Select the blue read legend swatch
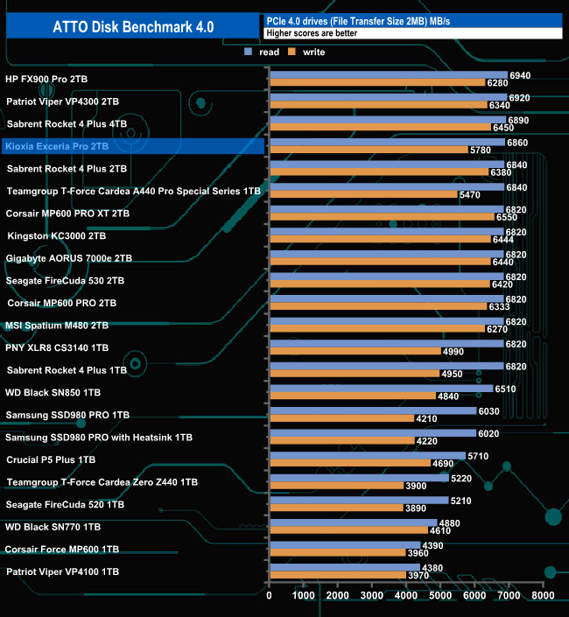tap(249, 53)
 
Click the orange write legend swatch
tap(294, 53)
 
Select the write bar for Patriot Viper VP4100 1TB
tap(337, 575)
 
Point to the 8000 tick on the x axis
tap(543, 595)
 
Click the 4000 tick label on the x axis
tap(406, 595)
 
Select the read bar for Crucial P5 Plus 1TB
tap(367, 455)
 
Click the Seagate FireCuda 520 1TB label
tap(65, 504)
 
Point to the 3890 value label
tap(416, 508)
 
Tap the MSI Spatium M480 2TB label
tap(57, 325)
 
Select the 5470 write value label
tap(470, 195)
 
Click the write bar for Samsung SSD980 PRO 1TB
tap(341, 418)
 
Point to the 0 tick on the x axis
tap(270, 595)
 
